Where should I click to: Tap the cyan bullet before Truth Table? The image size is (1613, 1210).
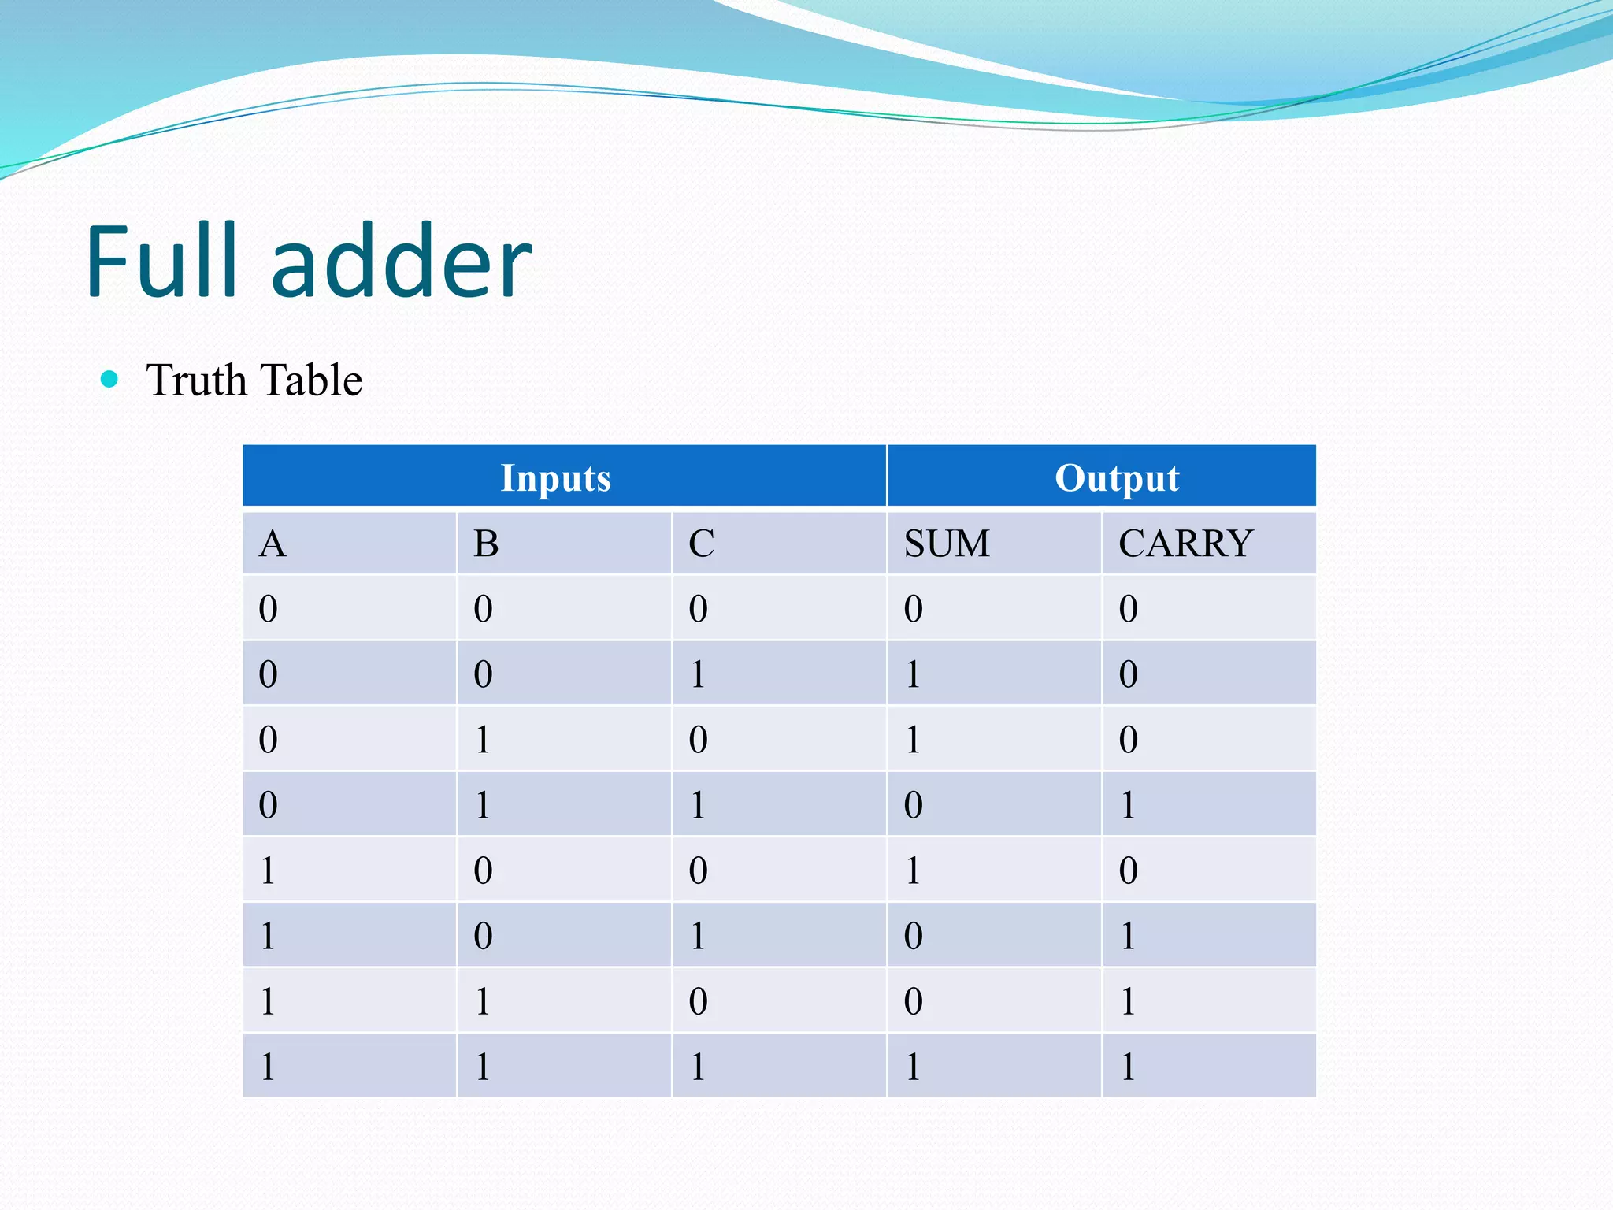109,380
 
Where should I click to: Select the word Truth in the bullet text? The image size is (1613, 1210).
196,380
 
